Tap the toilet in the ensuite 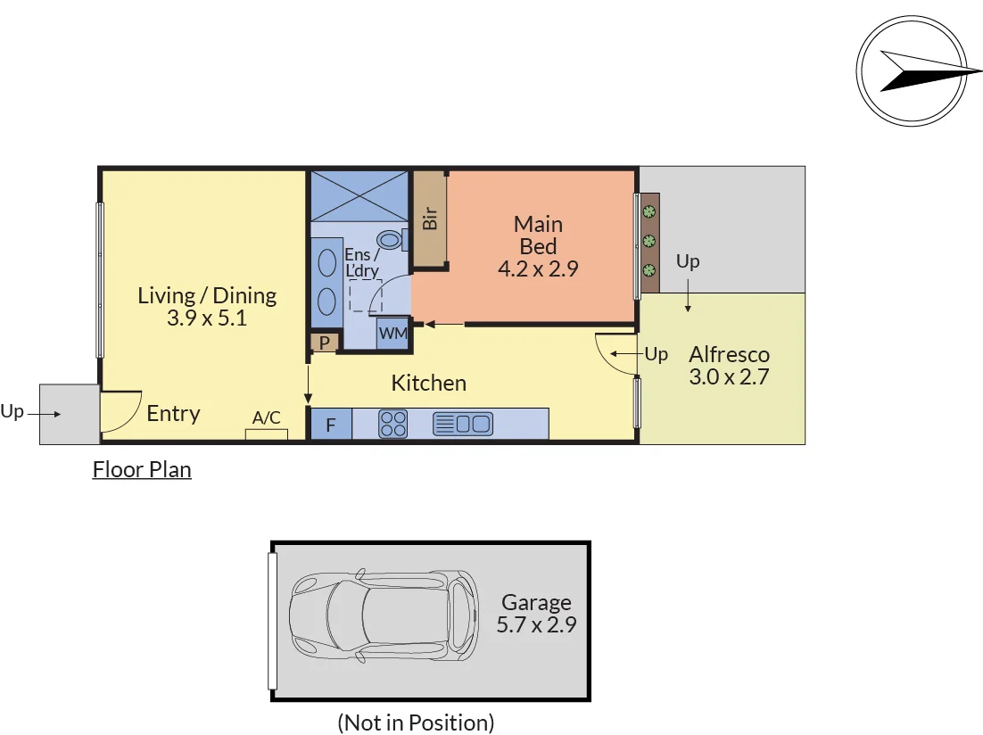pos(392,240)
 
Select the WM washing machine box pos(393,333)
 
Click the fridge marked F pos(331,424)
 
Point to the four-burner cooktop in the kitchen pos(393,424)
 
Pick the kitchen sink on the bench pos(463,424)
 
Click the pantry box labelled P pos(325,343)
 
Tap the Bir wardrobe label pos(429,219)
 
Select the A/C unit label pos(267,417)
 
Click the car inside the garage pos(384,615)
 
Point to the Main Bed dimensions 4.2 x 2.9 pos(538,269)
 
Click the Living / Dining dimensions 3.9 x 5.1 pos(207,318)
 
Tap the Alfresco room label pos(729,354)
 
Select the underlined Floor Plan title pos(142,470)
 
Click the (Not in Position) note pos(416,723)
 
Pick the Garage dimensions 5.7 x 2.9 pos(537,624)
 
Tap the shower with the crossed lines pos(359,196)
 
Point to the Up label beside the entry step pos(12,411)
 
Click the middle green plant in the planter pos(649,241)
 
